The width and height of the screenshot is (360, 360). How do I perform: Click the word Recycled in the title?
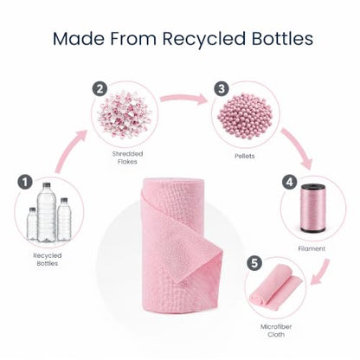[x=204, y=39]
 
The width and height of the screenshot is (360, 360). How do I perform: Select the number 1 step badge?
[x=25, y=182]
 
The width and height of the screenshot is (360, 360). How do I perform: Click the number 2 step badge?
[x=100, y=89]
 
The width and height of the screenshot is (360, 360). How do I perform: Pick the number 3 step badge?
[x=222, y=88]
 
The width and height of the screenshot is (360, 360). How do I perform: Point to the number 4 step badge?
[x=289, y=182]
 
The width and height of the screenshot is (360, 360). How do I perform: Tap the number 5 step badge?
[x=254, y=263]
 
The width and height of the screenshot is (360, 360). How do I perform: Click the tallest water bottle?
[x=47, y=212]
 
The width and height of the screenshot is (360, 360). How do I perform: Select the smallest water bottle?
[x=32, y=223]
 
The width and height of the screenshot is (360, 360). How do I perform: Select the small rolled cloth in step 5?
[x=275, y=286]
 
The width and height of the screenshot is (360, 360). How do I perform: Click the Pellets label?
[x=245, y=156]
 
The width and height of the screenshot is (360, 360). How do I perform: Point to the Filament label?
[x=312, y=248]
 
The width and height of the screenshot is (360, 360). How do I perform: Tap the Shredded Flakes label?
[x=127, y=157]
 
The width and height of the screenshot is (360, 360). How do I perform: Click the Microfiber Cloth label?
[x=276, y=331]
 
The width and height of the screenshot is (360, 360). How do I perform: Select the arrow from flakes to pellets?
[x=184, y=98]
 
